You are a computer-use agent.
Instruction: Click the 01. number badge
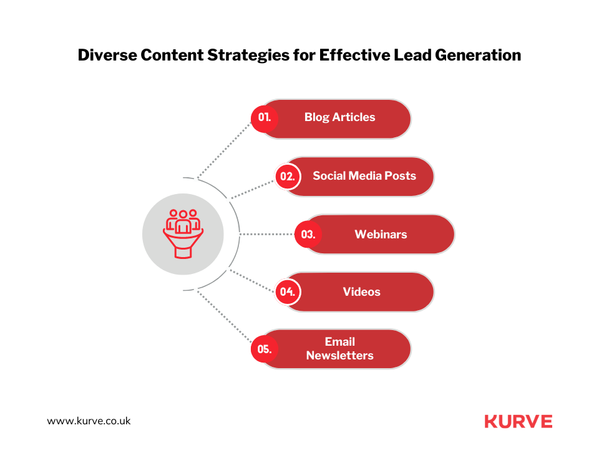click(x=265, y=119)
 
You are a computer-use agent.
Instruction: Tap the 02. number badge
click(x=288, y=176)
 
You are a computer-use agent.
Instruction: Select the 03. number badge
click(x=308, y=234)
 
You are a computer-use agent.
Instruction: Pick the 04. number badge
click(x=288, y=292)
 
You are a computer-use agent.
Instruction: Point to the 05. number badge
click(x=265, y=349)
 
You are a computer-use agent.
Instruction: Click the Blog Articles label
click(x=339, y=117)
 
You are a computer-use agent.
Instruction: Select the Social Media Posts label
click(x=364, y=176)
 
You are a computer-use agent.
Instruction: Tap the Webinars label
click(x=381, y=234)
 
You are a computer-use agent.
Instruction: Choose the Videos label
click(x=361, y=292)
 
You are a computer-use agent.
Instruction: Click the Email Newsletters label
click(x=339, y=348)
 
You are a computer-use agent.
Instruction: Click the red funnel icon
click(x=183, y=234)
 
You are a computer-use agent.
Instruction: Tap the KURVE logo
click(x=519, y=421)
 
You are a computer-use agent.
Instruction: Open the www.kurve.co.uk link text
click(x=89, y=421)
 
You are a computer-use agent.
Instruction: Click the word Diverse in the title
click(x=107, y=55)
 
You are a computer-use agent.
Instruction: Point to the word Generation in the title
click(x=478, y=55)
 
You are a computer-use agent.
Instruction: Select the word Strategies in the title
click(x=248, y=56)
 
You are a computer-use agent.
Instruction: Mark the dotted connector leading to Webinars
click(x=266, y=234)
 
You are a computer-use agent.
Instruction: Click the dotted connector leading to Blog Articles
click(x=224, y=150)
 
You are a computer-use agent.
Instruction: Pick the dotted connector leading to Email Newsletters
click(x=224, y=317)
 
